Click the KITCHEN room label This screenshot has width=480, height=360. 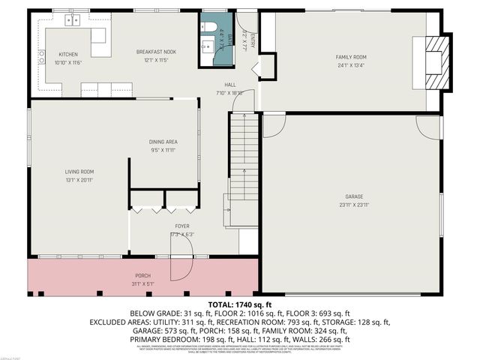68,55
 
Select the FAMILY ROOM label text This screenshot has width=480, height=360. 349,57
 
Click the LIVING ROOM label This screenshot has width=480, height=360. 79,172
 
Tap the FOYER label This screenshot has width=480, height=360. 182,226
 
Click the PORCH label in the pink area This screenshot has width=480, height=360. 142,276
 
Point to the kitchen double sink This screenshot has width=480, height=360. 73,20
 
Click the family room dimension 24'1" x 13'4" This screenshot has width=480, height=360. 349,64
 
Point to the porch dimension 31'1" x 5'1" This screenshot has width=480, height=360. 142,283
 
